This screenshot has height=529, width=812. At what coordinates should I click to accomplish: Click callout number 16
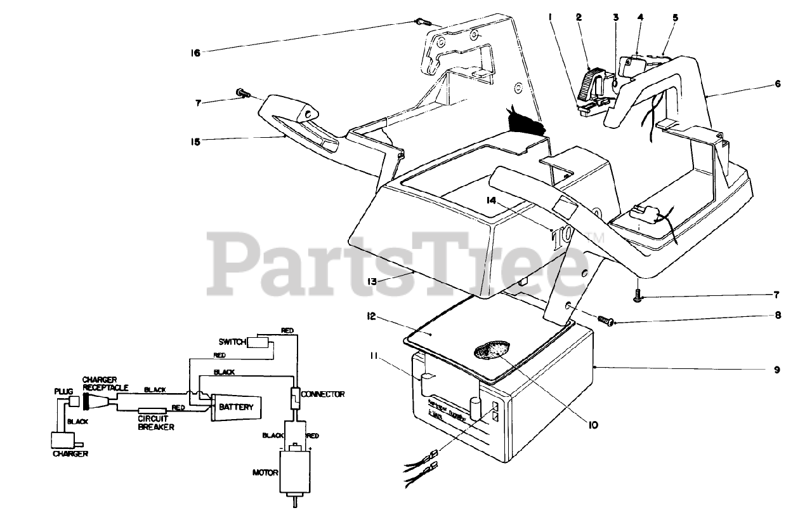click(196, 53)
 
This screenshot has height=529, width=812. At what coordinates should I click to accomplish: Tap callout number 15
click(195, 142)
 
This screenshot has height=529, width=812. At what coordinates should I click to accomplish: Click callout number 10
click(592, 425)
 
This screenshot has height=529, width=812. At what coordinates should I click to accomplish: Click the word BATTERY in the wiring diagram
click(235, 407)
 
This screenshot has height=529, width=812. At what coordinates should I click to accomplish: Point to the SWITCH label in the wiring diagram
click(232, 342)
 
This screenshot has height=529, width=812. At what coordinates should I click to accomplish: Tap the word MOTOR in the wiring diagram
click(266, 472)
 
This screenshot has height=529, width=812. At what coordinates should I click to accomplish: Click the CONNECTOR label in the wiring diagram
click(323, 394)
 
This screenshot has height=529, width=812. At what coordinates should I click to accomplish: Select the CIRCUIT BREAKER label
click(156, 422)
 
